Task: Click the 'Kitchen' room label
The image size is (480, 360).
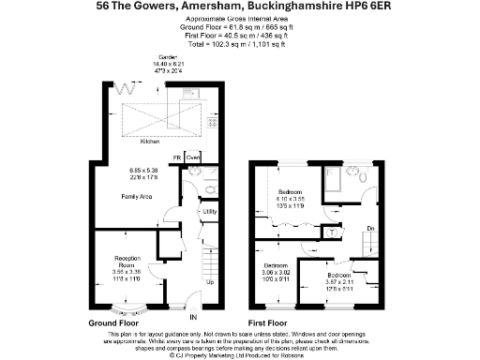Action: click(150, 142)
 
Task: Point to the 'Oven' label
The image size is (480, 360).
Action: click(193, 157)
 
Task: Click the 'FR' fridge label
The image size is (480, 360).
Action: click(175, 157)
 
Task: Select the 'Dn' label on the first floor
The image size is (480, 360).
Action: click(370, 228)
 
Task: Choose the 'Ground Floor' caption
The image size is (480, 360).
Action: click(114, 322)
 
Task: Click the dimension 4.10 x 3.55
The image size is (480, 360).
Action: click(289, 198)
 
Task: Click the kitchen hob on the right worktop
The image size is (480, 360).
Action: click(214, 123)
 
